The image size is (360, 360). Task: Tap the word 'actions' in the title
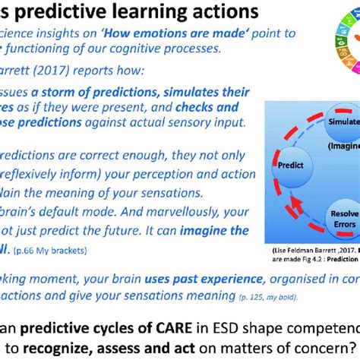pyautogui.click(x=216, y=13)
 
